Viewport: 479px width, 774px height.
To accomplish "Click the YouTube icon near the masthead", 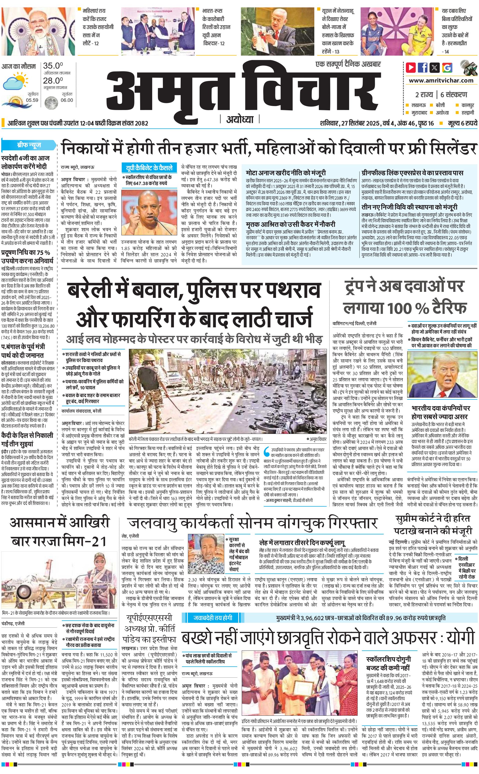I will pyautogui.click(x=411, y=68).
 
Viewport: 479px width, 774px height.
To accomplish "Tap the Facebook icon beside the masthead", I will pyautogui.click(x=423, y=68).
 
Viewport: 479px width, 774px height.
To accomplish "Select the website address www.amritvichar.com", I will pyautogui.click(x=441, y=81).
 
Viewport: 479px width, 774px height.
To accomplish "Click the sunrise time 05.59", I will pyautogui.click(x=32, y=100).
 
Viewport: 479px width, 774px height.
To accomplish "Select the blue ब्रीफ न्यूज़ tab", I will pyautogui.click(x=29, y=146).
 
